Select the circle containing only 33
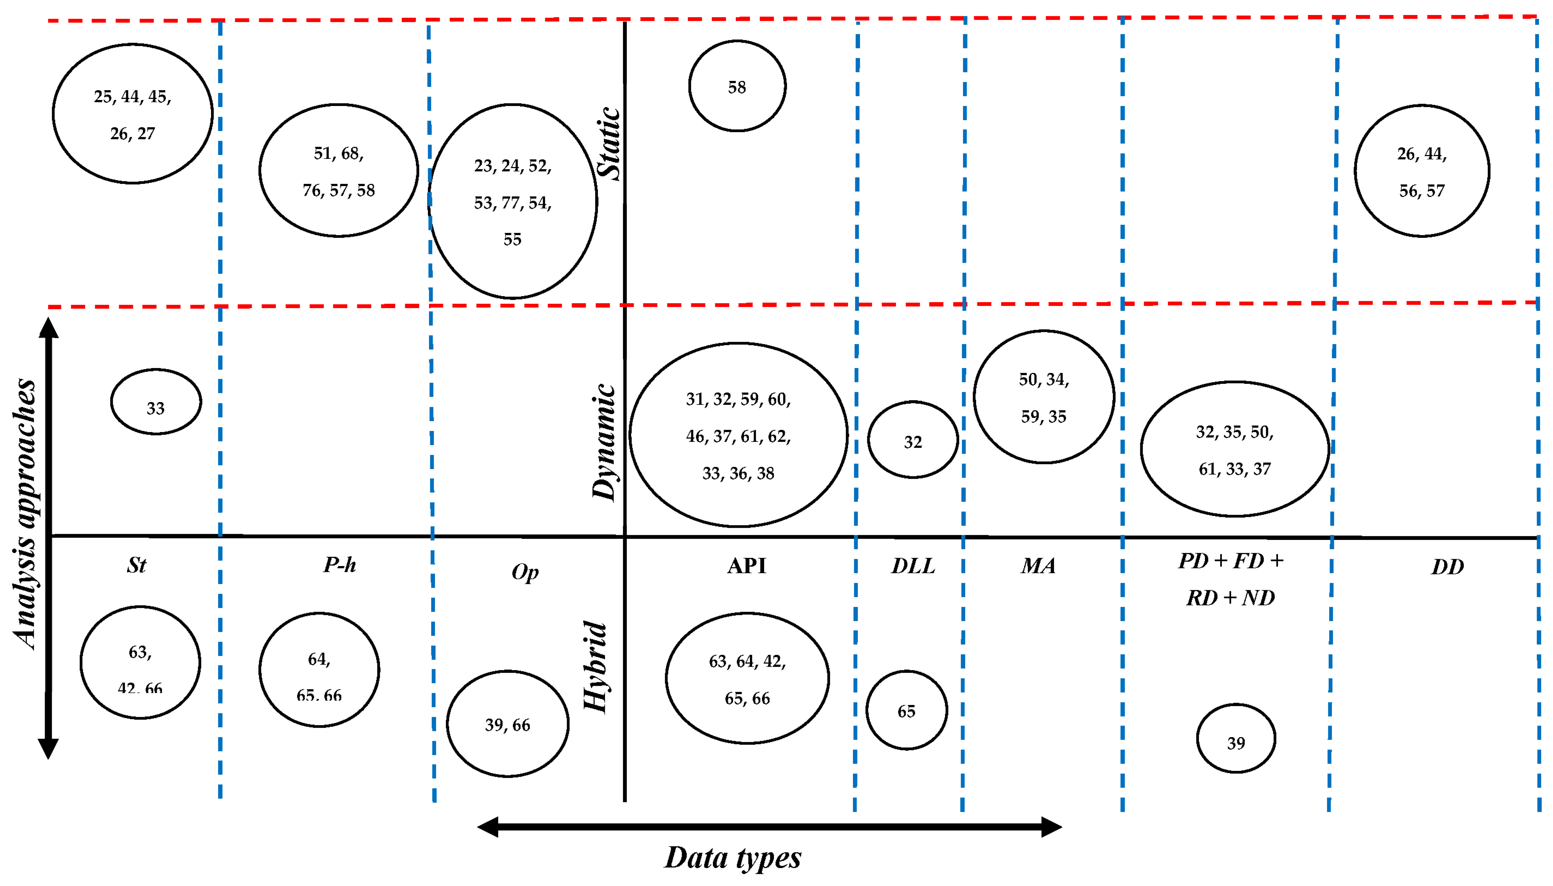pos(156,402)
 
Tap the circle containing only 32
pos(913,440)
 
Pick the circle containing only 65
pos(906,710)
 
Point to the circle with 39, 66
pos(508,723)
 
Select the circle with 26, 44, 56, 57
pos(1422,171)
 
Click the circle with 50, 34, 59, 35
pos(1044,397)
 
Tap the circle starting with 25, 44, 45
pos(133,114)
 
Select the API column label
pos(747,566)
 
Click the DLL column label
pos(913,566)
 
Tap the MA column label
pos(1038,566)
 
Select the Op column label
pos(524,572)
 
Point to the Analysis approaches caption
pos(26,514)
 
